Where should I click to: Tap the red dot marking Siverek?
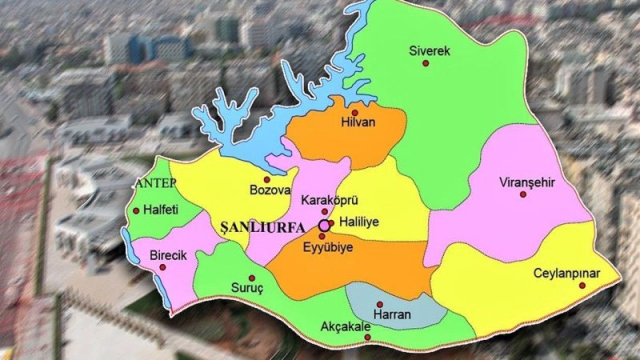[x=425, y=63]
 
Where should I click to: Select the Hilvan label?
[x=357, y=122]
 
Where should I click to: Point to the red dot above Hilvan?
[x=354, y=112]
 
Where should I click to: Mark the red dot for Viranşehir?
[x=523, y=194]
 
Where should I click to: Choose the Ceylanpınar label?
[x=567, y=273]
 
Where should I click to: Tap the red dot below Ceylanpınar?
[x=582, y=285]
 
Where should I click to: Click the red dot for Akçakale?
[x=367, y=337]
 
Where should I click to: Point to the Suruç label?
[x=247, y=287]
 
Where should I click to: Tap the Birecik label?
[x=168, y=255]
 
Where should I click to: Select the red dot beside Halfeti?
[x=136, y=211]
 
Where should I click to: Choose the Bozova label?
[x=270, y=190]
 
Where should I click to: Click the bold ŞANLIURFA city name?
[x=262, y=228]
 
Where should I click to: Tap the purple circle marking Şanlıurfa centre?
[x=324, y=225]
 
